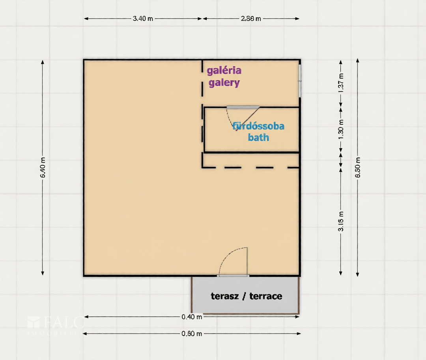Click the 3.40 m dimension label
tap(143, 19)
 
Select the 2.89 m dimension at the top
tap(251, 19)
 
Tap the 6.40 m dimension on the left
tap(43, 168)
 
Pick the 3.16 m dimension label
tap(341, 221)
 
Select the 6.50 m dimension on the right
tap(358, 168)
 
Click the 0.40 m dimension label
tap(192, 317)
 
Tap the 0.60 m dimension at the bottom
tap(192, 334)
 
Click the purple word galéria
tap(224, 71)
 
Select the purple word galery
tap(224, 83)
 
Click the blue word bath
tap(258, 137)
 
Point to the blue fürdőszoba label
tap(258, 126)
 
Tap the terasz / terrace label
tap(247, 296)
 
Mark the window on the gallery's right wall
tap(299, 81)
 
